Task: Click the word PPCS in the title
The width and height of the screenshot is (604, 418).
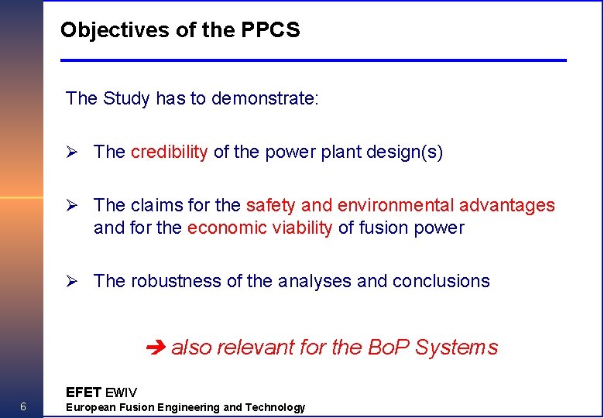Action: tap(271, 30)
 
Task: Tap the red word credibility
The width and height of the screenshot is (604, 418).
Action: tap(169, 152)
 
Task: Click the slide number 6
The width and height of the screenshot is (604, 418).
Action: tap(23, 407)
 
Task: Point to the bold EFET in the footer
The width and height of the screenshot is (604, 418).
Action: tap(84, 392)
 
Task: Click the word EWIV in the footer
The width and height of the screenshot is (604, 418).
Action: tap(121, 392)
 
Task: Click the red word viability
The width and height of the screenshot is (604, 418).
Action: tap(303, 228)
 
